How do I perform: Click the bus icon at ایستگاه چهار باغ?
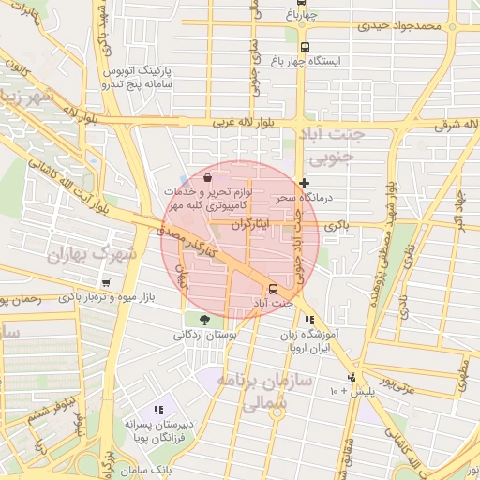pyautogui.click(x=304, y=47)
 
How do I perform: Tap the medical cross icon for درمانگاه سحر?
pyautogui.click(x=303, y=183)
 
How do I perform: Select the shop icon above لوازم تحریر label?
pyautogui.click(x=207, y=175)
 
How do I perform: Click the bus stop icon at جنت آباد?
pyautogui.click(x=273, y=289)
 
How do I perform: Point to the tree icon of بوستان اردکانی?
pyautogui.click(x=204, y=320)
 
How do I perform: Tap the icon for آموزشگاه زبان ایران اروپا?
pyautogui.click(x=310, y=321)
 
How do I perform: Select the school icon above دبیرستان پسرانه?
pyautogui.click(x=157, y=410)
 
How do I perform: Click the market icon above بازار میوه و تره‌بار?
pyautogui.click(x=105, y=283)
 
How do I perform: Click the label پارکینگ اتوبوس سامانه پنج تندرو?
pyautogui.click(x=138, y=77)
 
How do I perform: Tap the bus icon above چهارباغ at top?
pyautogui.click(x=301, y=4)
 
